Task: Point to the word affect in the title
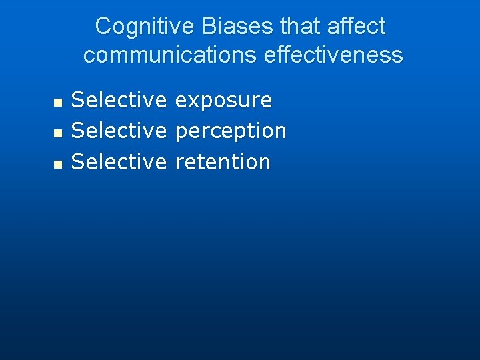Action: coord(357,27)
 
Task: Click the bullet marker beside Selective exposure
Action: coord(57,103)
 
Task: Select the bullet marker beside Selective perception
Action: coord(57,133)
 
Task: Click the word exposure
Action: coord(223,101)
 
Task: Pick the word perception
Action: coord(231,131)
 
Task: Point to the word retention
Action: coord(223,162)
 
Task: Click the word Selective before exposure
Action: coord(119,101)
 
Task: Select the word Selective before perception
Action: coord(119,131)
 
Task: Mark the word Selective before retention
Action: coord(119,162)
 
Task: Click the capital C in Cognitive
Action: coord(103,27)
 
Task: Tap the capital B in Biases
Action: coord(206,27)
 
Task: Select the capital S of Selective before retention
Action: coord(77,162)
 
